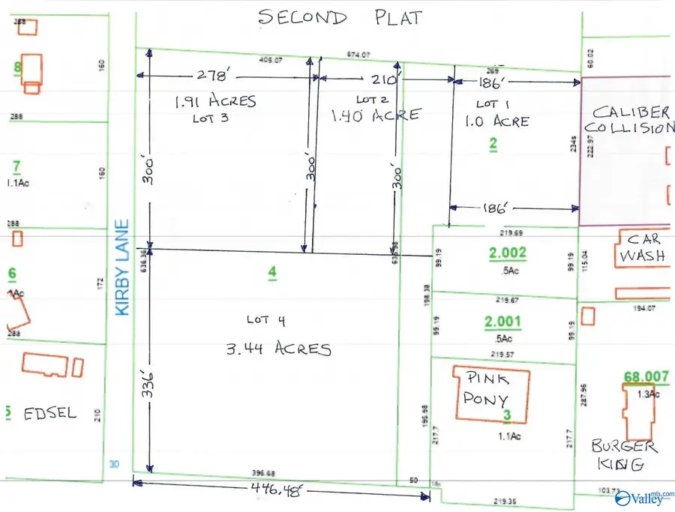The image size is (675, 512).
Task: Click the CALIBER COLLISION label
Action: (x=631, y=120)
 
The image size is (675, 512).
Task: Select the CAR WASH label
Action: (x=643, y=248)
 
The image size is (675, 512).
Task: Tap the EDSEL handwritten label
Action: (x=49, y=413)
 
